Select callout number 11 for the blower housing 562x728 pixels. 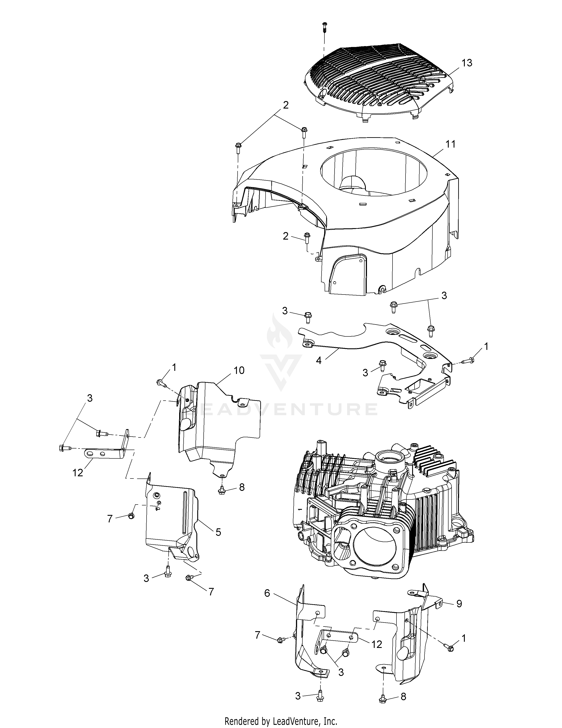click(450, 144)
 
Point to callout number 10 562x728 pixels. click(239, 370)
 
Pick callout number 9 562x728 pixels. click(459, 604)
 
